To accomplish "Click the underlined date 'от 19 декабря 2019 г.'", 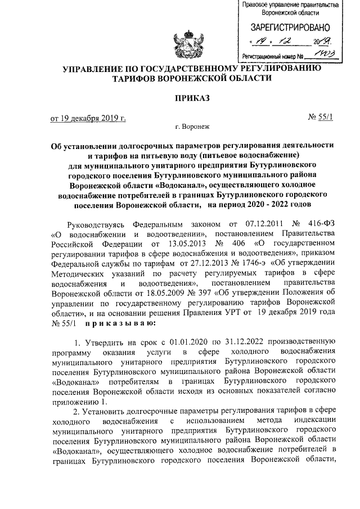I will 88,118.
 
